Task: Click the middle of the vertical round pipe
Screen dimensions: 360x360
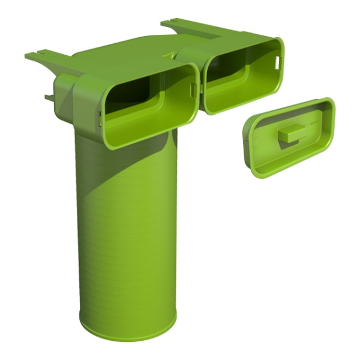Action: tap(126, 228)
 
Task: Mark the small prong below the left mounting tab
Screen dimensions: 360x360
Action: tap(48, 96)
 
